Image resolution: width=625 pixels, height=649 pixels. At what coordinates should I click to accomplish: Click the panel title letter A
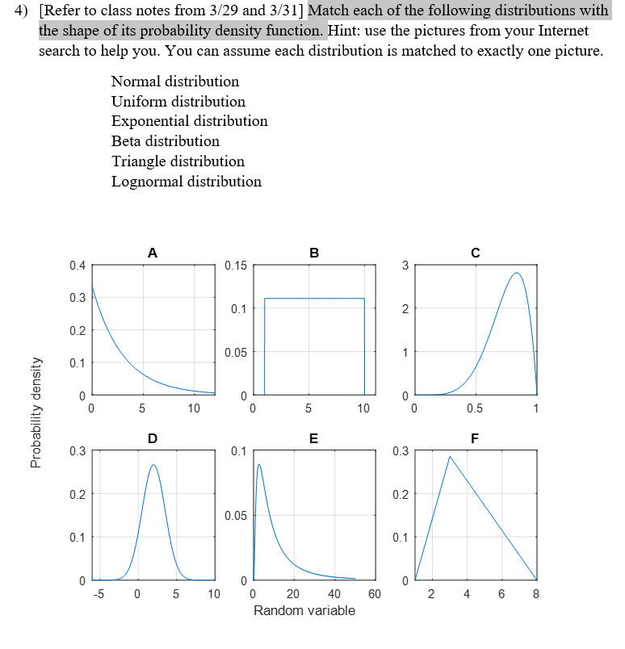click(153, 253)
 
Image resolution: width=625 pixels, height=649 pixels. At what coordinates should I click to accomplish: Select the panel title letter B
click(314, 253)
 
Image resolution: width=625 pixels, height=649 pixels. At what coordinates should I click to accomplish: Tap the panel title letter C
click(476, 253)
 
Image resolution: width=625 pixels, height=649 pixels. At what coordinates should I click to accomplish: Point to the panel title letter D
click(153, 438)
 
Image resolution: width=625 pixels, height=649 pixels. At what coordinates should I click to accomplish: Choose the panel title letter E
click(314, 438)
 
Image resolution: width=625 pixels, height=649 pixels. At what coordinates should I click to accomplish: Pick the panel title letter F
click(476, 438)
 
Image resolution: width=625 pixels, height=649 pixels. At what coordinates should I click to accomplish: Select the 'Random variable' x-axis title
click(304, 610)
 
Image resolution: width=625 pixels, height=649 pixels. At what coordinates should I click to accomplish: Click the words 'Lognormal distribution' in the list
click(186, 182)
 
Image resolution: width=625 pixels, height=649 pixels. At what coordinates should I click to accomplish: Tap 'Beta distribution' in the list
click(165, 141)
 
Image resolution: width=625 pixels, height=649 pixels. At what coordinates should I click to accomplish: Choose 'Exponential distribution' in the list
click(189, 121)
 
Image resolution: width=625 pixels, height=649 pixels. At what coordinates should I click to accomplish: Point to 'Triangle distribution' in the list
click(178, 161)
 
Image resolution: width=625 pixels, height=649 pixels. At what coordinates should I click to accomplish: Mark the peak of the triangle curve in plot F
click(450, 457)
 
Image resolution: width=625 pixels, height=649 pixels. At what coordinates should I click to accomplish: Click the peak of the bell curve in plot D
click(153, 464)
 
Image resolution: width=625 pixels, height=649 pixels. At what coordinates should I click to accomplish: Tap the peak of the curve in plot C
click(517, 273)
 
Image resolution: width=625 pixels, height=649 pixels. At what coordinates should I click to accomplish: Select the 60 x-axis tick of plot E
click(374, 595)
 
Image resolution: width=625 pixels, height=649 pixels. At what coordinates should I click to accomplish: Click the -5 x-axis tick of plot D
click(99, 595)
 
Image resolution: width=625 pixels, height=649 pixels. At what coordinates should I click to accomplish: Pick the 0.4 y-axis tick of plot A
click(77, 265)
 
